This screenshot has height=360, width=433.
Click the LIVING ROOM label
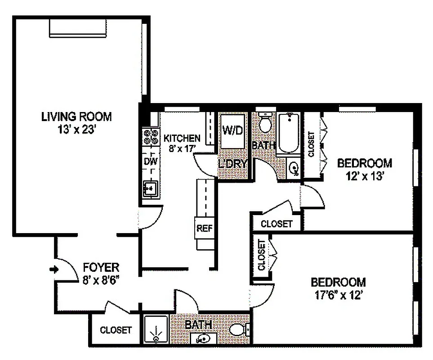pos(76,117)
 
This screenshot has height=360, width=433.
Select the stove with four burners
pos(150,136)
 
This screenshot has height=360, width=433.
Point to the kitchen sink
pos(150,188)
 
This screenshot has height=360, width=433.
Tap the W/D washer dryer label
pos(232,130)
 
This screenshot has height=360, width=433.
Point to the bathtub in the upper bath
pos(288,133)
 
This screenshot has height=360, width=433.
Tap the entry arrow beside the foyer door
pos(54,269)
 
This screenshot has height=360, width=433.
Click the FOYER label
pos(101,268)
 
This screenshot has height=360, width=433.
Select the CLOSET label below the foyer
pos(116,330)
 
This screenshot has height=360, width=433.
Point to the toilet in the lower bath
pos(238,330)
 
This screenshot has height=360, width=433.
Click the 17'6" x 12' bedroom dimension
pos(338,296)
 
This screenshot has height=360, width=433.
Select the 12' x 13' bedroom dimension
pos(364,176)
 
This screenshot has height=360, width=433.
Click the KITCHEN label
pos(182,138)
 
